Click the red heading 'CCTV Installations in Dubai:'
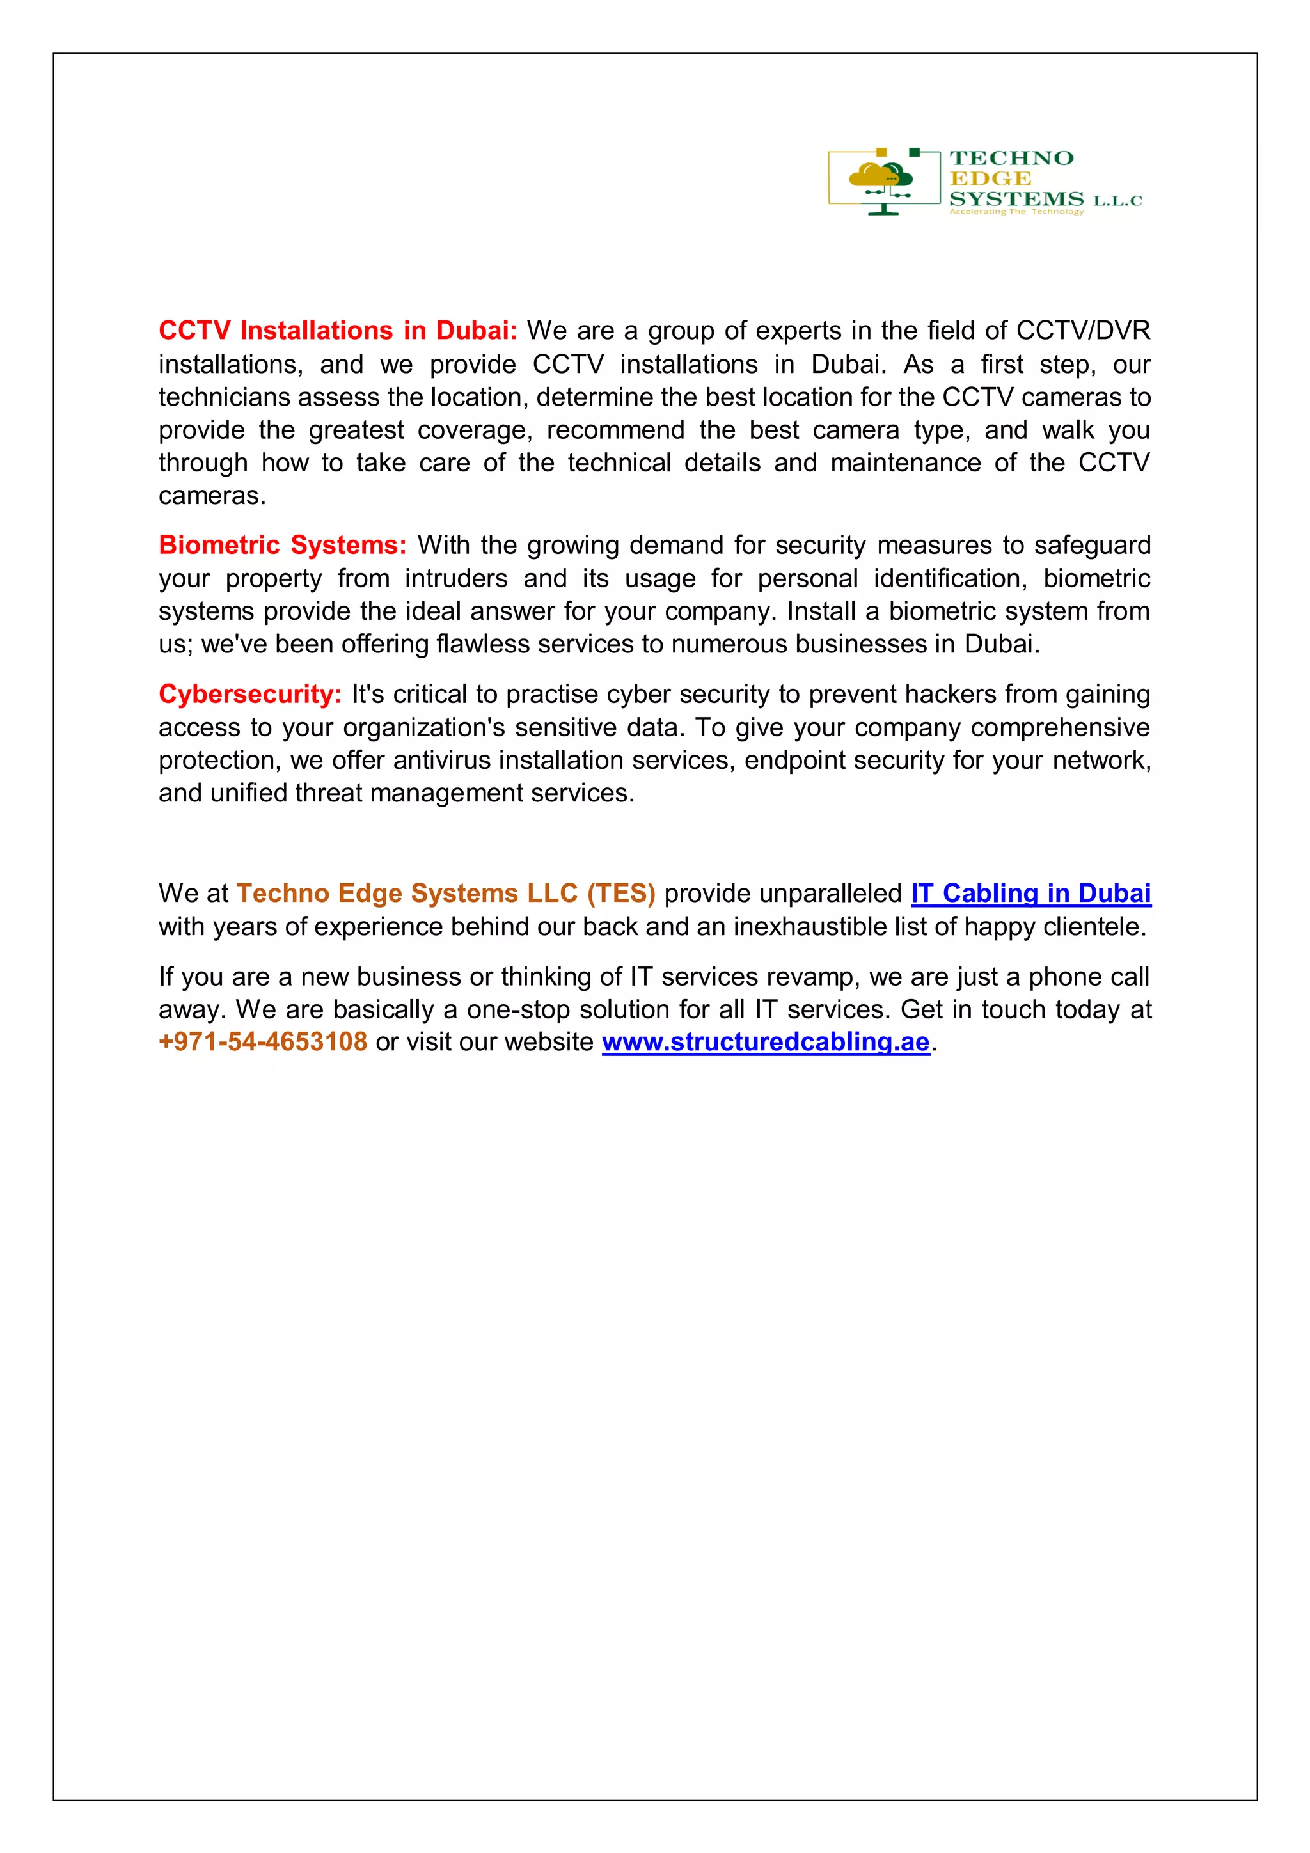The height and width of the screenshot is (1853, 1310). (337, 331)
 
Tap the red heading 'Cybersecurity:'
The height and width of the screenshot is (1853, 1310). (250, 694)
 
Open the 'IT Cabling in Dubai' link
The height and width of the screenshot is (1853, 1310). (1030, 894)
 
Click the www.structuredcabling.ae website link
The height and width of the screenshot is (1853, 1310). (765, 1042)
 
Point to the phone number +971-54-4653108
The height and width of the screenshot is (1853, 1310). (263, 1042)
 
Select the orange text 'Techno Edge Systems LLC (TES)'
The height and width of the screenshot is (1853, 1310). (446, 894)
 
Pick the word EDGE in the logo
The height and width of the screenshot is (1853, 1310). (990, 178)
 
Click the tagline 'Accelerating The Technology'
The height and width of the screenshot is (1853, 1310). (1016, 212)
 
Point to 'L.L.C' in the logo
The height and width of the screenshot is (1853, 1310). (1118, 201)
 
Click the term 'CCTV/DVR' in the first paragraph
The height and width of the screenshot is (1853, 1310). (1082, 331)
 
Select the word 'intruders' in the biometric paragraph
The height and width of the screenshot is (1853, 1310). (456, 579)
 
